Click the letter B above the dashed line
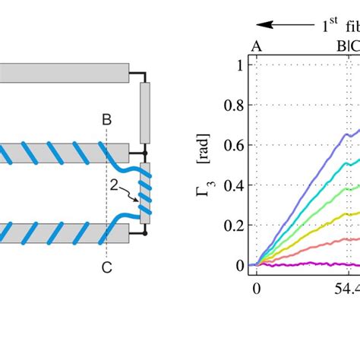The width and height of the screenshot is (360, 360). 106,119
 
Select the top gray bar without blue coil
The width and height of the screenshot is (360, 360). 64,73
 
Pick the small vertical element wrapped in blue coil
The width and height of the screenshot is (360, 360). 147,193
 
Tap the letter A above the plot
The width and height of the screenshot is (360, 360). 257,46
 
